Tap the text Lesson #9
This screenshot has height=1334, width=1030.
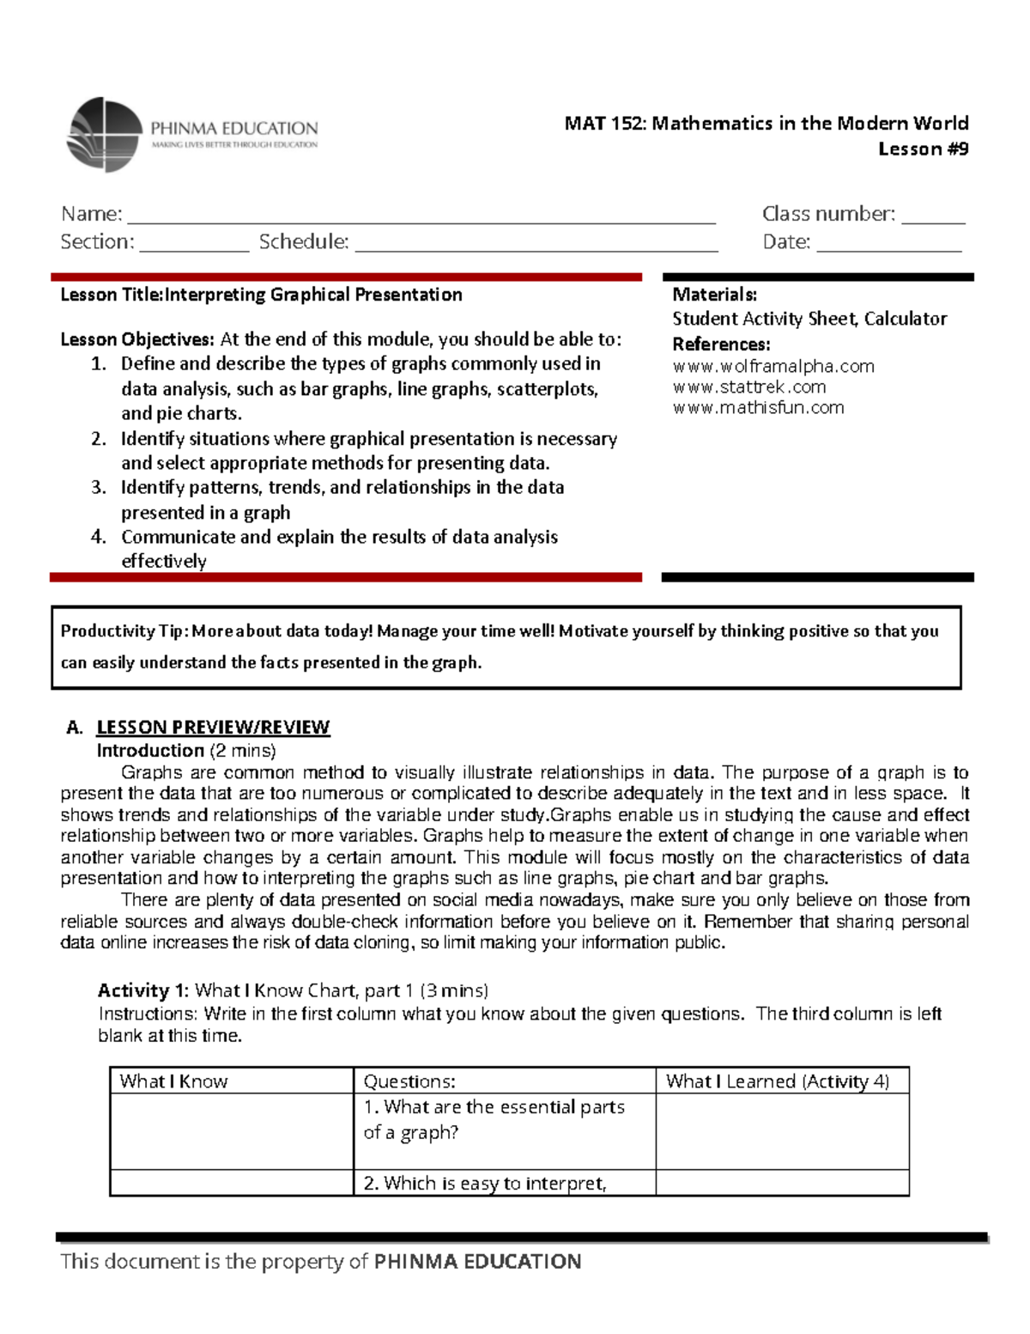923,149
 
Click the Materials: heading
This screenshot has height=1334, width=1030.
714,295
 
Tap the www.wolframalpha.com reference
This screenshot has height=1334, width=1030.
772,366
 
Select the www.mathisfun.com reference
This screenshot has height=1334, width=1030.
758,407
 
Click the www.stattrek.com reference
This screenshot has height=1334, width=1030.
748,387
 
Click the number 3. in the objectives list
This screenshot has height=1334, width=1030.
99,488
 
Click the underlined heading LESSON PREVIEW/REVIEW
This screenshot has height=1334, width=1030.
213,728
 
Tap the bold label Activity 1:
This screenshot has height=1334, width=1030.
143,990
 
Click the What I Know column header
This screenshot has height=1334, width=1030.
174,1081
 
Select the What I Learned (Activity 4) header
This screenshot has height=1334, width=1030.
777,1081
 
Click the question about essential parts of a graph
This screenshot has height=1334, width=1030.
494,1119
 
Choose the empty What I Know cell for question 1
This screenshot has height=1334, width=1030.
232,1131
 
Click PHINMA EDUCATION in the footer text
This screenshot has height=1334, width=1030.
477,1261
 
